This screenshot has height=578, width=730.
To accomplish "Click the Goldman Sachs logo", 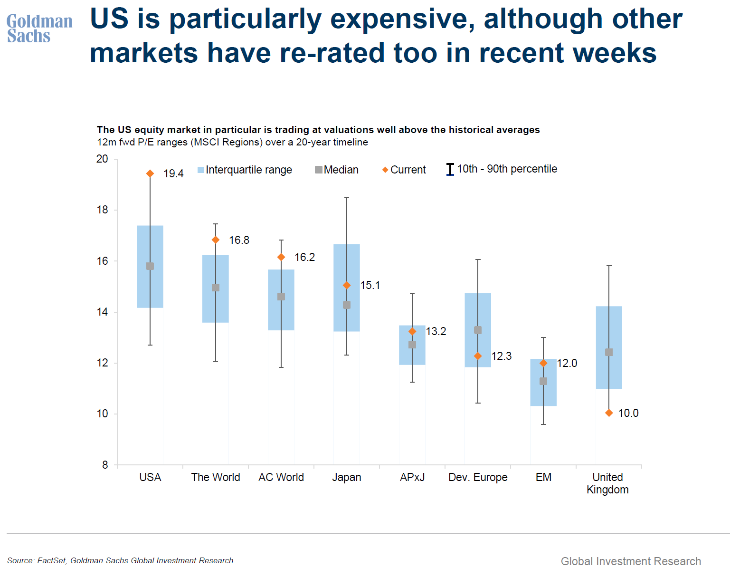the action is click(39, 29).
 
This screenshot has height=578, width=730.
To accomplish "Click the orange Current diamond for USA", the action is click(150, 173).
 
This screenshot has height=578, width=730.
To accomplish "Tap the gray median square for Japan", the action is click(347, 305).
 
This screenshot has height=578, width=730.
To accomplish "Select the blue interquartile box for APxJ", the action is click(412, 345).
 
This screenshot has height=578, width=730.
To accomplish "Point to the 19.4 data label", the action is click(173, 173).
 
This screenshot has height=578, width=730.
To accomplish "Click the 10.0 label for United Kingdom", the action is click(628, 413).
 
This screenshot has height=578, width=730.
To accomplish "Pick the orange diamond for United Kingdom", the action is click(609, 413).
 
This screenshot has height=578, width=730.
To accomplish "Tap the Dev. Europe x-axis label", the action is click(478, 477).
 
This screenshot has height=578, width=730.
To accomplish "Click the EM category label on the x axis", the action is click(543, 477).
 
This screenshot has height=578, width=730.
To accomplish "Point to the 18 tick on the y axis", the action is click(103, 210).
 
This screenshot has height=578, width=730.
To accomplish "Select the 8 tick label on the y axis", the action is click(105, 464).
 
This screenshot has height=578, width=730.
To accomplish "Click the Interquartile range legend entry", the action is click(245, 170).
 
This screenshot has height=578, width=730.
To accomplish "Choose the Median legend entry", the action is click(337, 170).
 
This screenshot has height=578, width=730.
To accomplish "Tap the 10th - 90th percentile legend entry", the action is click(502, 169).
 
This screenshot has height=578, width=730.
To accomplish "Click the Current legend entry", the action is click(404, 170).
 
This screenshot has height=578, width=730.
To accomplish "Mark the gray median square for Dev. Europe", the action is click(478, 330).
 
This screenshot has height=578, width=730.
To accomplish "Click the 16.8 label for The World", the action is click(239, 240).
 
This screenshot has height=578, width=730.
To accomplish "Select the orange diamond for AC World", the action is click(281, 257).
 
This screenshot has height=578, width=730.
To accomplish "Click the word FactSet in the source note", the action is click(51, 560).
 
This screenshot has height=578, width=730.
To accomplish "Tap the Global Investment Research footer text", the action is click(631, 561).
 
